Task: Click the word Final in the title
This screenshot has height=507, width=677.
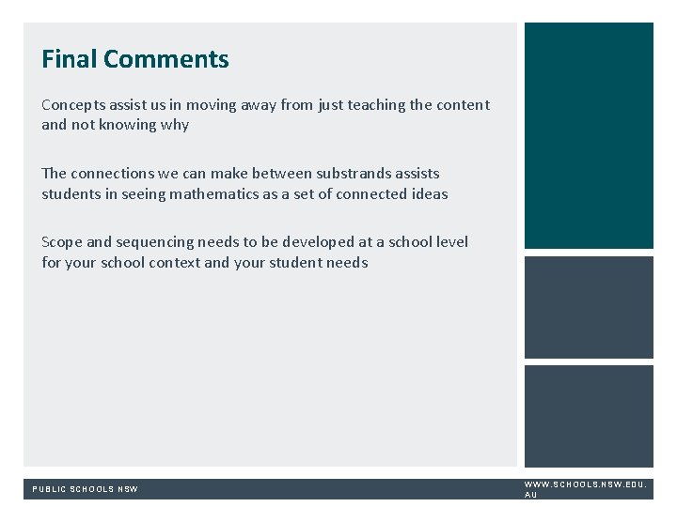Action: [70, 59]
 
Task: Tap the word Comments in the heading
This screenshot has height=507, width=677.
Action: [166, 59]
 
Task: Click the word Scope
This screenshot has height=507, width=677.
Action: [62, 242]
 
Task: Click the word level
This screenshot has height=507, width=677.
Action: [450, 242]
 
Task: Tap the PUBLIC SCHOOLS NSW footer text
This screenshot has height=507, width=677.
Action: [86, 489]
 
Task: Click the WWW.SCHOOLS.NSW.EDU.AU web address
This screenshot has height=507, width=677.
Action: [584, 489]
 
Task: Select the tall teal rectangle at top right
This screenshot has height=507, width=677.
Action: [589, 135]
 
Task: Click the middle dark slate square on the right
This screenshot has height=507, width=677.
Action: [589, 308]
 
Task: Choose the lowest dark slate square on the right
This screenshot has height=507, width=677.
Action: [589, 416]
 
